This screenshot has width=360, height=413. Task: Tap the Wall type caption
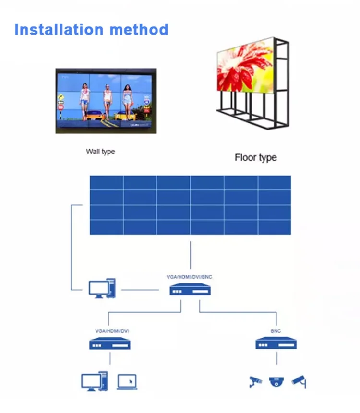[x=100, y=152]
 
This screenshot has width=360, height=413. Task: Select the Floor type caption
[x=255, y=157]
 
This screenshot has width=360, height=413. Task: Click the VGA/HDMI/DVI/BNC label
[x=189, y=277]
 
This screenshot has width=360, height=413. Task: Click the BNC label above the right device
[x=276, y=331]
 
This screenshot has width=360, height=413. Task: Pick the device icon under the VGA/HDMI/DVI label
[x=110, y=343]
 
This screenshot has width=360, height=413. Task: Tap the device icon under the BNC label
[x=276, y=343]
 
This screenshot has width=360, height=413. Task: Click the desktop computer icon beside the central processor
[x=102, y=288]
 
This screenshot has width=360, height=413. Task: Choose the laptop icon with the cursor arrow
[x=127, y=381]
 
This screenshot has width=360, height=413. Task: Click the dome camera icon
[x=276, y=381]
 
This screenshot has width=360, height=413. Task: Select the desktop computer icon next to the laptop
[x=94, y=381]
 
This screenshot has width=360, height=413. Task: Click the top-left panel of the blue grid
[x=107, y=183]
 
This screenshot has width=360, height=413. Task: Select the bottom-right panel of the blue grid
[x=274, y=227]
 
